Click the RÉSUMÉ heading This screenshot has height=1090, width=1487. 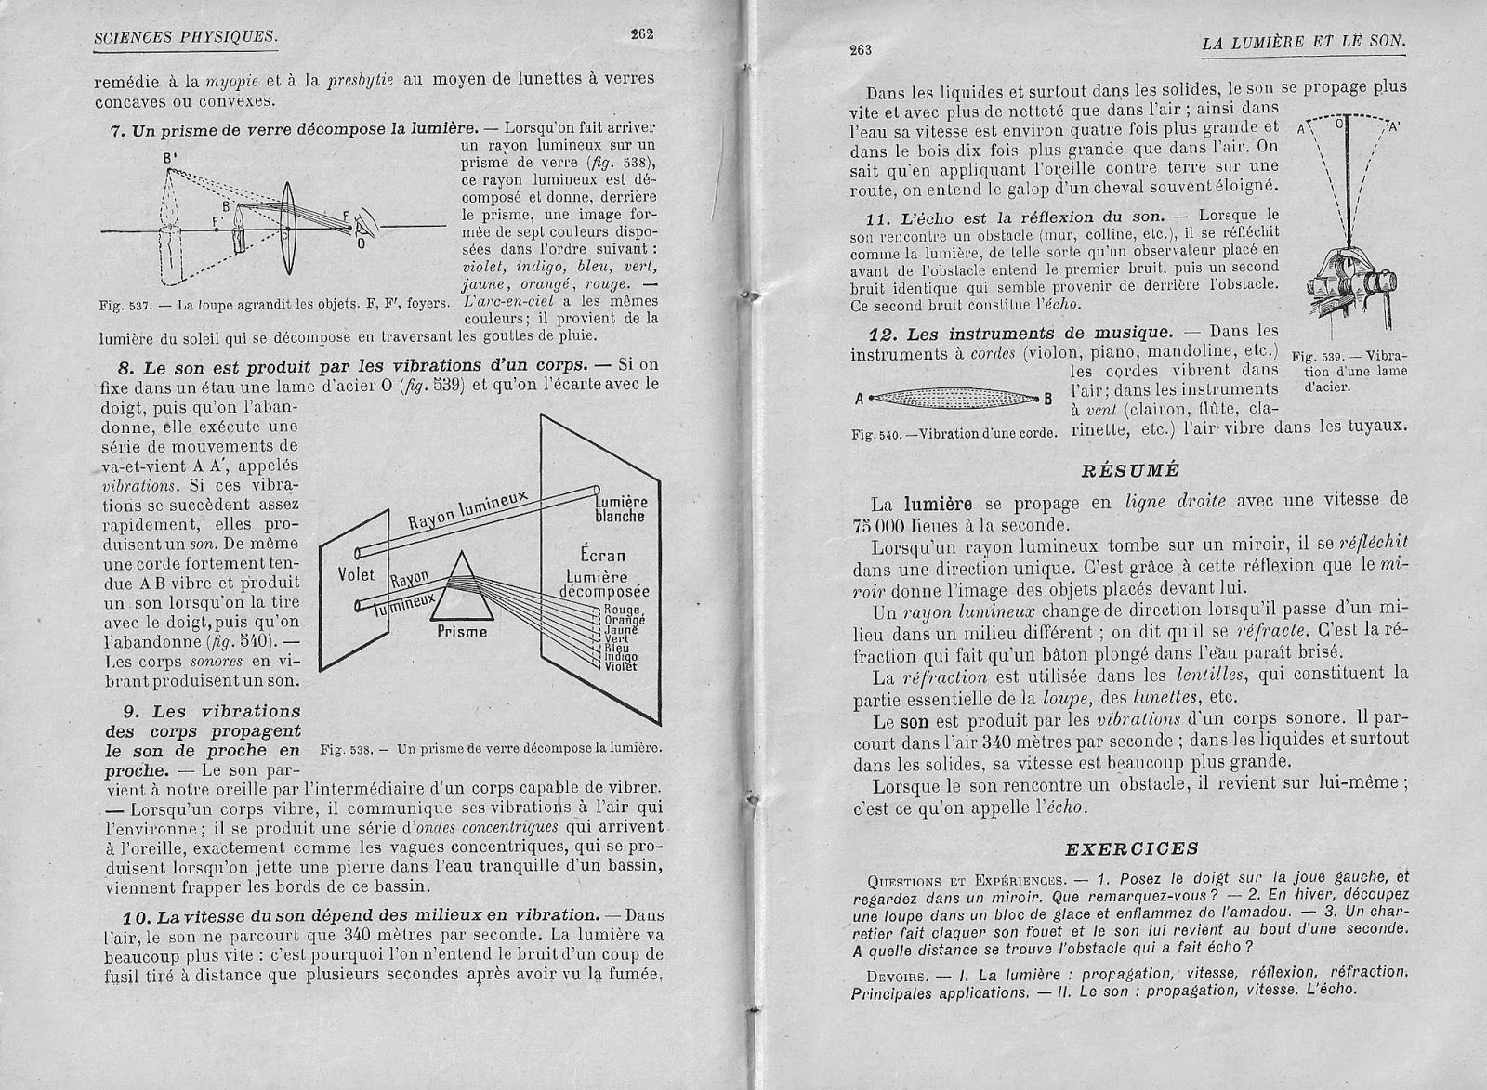tap(1130, 469)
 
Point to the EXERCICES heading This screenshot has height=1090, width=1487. tap(1130, 847)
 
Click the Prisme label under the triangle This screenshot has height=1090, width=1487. tap(461, 632)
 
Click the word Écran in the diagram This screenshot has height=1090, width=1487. tap(603, 557)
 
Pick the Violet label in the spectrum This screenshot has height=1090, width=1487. tap(620, 666)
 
